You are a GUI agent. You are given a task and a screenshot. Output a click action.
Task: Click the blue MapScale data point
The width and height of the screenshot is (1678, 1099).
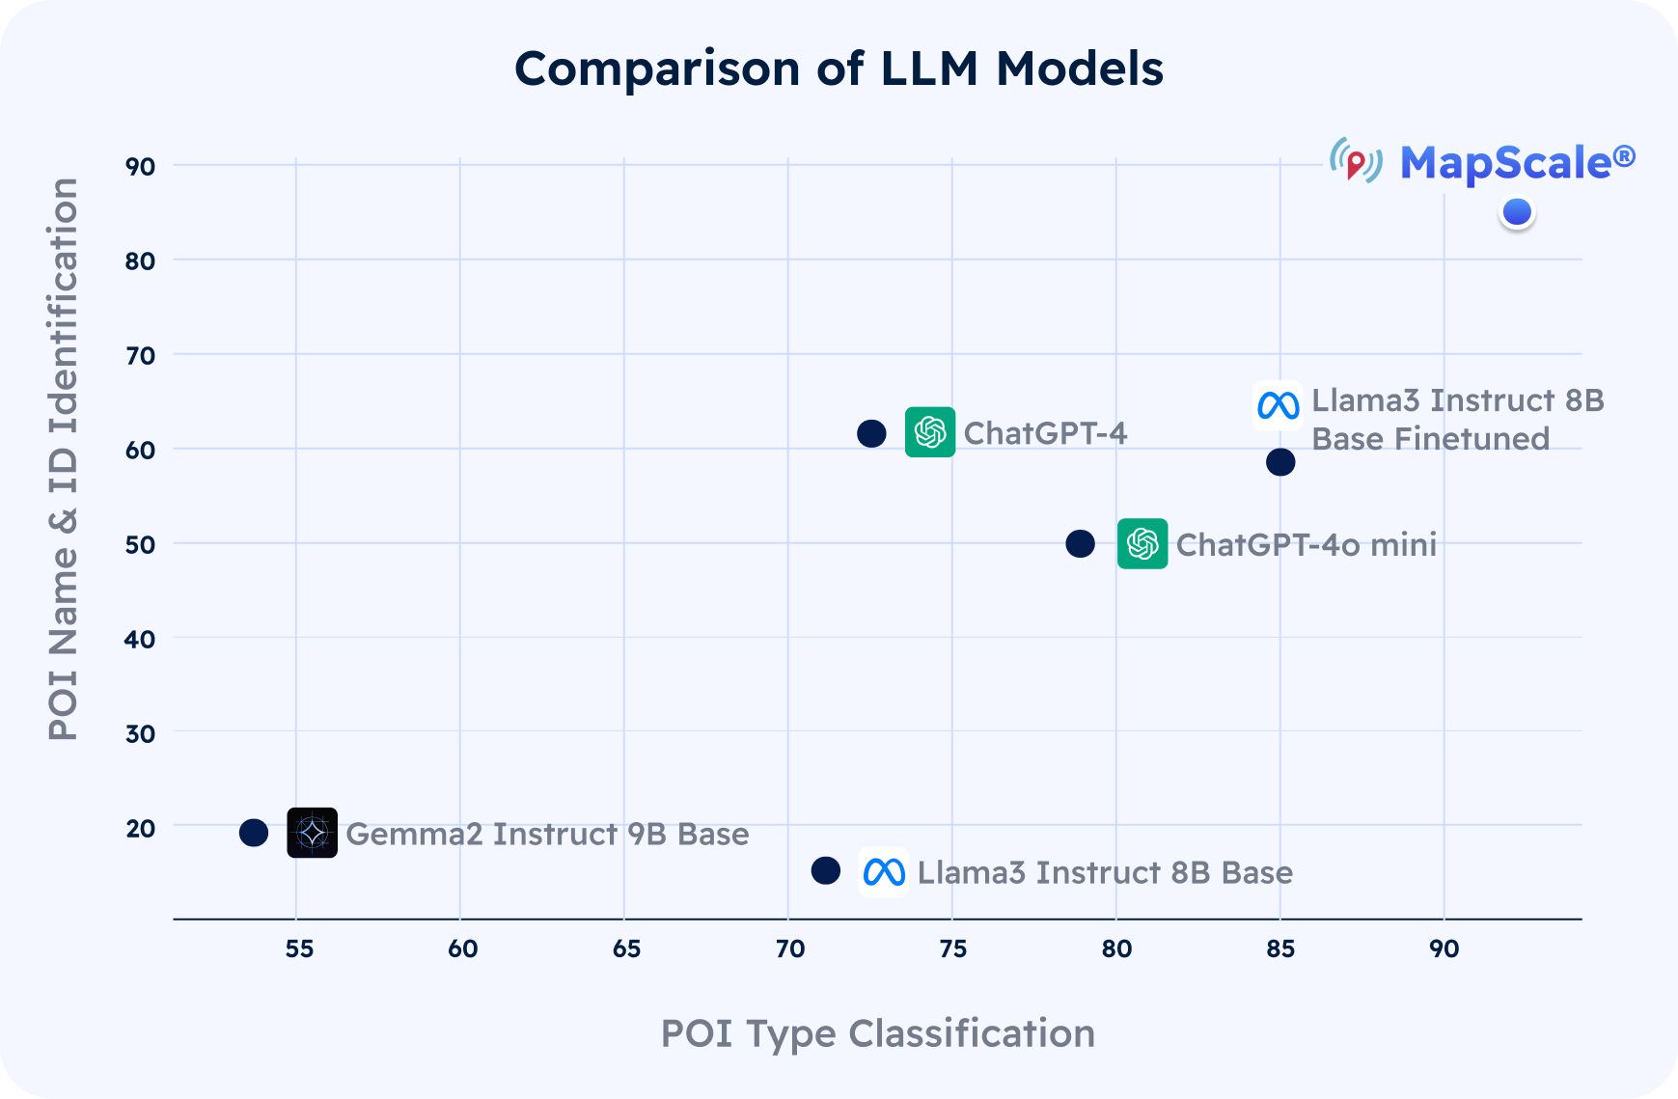click(x=1517, y=212)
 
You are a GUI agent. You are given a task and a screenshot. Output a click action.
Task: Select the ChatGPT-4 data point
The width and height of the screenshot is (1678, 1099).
click(x=871, y=434)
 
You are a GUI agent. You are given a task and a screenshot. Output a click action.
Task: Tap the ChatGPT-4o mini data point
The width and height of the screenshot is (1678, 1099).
click(x=1080, y=544)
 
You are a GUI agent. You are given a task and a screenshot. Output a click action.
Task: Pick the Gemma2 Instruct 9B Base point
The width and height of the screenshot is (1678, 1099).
click(x=254, y=833)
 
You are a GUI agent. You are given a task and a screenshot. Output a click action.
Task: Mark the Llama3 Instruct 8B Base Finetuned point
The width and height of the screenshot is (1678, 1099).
click(x=1280, y=462)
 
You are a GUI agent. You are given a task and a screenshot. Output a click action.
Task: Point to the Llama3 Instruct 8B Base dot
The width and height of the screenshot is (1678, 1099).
click(x=825, y=870)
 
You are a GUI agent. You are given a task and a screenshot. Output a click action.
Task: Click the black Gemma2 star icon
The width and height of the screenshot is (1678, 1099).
click(x=313, y=833)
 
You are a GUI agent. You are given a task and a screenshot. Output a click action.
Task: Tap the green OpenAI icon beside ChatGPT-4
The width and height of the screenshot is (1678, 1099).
click(x=930, y=432)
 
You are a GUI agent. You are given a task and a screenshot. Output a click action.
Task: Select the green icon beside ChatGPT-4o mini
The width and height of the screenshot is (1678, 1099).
click(x=1142, y=544)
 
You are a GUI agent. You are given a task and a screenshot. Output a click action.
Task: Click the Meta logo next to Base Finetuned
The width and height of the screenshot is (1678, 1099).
click(x=1278, y=406)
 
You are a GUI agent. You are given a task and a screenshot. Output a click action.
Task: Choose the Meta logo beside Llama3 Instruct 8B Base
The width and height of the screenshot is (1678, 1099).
click(x=884, y=872)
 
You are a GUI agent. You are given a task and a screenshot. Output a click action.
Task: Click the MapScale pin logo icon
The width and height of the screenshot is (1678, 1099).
click(x=1356, y=162)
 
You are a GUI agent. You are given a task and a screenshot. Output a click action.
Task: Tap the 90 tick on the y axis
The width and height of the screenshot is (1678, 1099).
click(x=140, y=167)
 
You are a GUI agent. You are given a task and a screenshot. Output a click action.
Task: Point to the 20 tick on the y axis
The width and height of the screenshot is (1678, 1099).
click(x=140, y=829)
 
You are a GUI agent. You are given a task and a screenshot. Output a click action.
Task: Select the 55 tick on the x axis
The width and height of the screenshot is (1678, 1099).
click(x=299, y=949)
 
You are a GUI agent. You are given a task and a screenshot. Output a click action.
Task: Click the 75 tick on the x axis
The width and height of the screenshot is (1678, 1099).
click(x=952, y=949)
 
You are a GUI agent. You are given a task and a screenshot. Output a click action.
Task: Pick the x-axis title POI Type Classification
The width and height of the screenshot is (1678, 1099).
click(x=877, y=1033)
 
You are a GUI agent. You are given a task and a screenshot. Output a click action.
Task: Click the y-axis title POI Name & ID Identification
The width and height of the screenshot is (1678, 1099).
click(x=64, y=459)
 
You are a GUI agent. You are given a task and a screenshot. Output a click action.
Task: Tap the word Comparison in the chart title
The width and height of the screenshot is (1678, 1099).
click(x=656, y=69)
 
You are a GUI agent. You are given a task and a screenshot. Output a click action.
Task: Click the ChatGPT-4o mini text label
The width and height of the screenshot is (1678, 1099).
click(x=1306, y=545)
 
